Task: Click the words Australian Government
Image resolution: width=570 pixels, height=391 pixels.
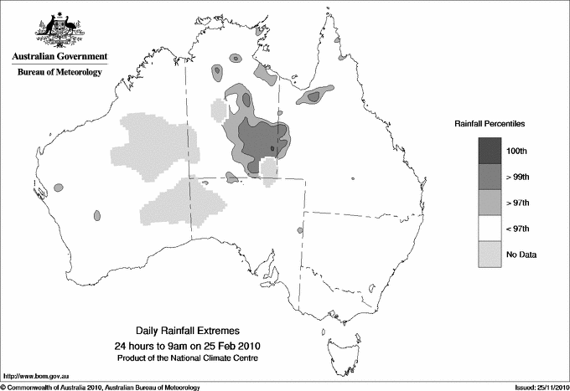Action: (x=60, y=57)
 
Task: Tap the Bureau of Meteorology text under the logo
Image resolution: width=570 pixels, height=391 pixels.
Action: (x=60, y=73)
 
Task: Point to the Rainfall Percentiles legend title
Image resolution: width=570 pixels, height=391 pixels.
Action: (x=490, y=123)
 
